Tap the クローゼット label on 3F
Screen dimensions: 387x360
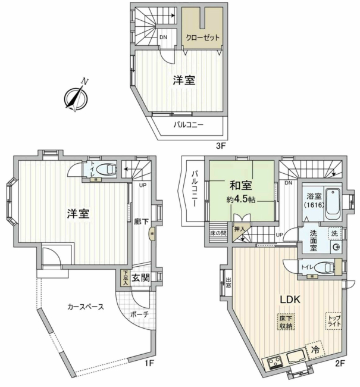(202, 38)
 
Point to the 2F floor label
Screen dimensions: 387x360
(340, 362)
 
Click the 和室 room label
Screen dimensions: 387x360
(233, 183)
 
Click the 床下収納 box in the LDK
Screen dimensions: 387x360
(285, 322)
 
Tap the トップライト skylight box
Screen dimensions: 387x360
(333, 322)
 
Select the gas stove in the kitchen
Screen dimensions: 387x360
(276, 360)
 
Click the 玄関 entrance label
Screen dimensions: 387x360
(141, 277)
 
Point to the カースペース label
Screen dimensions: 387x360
(86, 307)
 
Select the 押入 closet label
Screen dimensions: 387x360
(241, 229)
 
